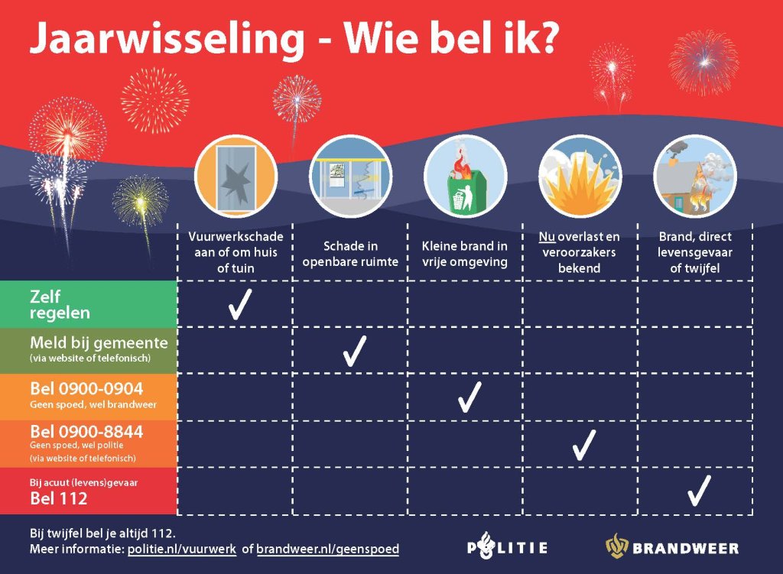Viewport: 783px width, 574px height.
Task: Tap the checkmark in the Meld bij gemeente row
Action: click(354, 350)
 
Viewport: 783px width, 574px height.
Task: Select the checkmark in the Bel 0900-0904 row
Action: click(468, 397)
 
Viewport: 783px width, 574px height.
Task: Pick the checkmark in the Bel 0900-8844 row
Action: click(583, 444)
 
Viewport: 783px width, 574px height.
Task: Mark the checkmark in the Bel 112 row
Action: click(698, 490)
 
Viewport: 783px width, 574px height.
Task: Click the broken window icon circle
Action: click(236, 176)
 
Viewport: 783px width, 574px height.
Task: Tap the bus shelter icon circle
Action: click(350, 176)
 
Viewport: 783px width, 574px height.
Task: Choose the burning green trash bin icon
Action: click(465, 176)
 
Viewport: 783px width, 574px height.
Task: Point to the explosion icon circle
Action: click(580, 176)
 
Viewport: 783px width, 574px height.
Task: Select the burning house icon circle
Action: click(695, 176)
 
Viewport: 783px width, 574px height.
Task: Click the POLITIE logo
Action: click(508, 547)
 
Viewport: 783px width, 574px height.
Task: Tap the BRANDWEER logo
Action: click(673, 547)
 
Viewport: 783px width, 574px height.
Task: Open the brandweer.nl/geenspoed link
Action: click(327, 549)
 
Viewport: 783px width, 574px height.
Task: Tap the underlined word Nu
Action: click(546, 238)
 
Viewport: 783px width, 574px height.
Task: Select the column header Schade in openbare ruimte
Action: click(350, 254)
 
